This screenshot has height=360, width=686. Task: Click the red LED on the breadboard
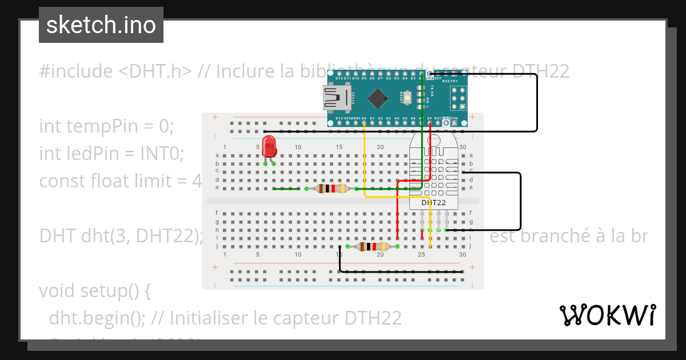click(269, 146)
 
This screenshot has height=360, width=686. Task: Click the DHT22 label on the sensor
click(433, 202)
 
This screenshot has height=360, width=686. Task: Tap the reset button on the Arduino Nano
click(408, 98)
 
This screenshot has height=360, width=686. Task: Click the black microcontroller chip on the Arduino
click(377, 98)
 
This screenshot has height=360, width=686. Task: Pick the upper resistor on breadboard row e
click(332, 189)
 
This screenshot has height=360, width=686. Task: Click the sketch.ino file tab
click(101, 25)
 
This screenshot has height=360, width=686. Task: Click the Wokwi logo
click(607, 315)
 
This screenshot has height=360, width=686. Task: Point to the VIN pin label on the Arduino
click(454, 118)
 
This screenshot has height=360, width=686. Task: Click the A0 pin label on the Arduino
click(364, 118)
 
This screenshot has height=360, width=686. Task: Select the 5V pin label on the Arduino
click(429, 118)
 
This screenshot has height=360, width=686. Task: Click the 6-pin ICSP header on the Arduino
click(457, 98)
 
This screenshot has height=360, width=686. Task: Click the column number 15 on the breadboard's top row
click(339, 147)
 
